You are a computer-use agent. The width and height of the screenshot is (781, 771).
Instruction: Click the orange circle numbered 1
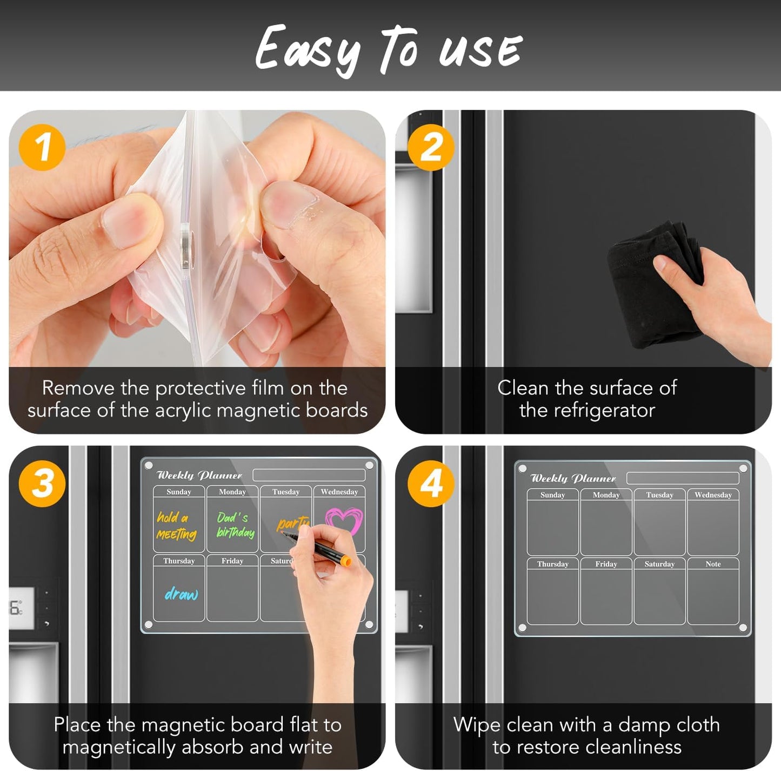pos(42,147)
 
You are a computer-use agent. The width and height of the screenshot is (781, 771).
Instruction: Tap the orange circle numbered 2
pos(431,147)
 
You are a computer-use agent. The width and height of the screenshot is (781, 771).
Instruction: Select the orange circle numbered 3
pos(42,483)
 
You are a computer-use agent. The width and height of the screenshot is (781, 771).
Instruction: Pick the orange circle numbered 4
pos(431,483)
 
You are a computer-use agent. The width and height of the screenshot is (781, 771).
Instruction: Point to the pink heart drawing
pos(344,520)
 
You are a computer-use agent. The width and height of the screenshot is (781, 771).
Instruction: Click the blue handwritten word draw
pos(181,594)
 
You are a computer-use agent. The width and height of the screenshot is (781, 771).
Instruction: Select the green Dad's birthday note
pos(235,525)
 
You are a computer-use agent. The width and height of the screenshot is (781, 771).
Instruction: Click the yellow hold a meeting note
pos(176,526)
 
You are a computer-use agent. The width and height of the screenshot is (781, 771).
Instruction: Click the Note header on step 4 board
pos(713,564)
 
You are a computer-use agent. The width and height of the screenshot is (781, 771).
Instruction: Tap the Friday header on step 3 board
pos(232,561)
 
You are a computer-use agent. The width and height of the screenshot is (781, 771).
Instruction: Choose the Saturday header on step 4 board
pos(659,564)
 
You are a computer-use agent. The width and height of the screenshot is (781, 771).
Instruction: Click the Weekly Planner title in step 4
pos(573,478)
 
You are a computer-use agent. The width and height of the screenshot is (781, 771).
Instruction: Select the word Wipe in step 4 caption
pos(476,724)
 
